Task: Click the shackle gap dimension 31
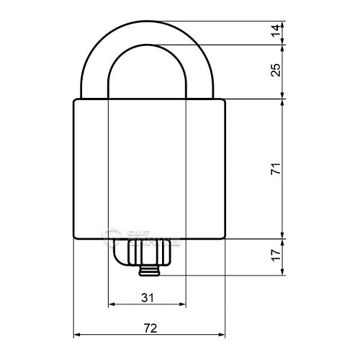coord(146,296)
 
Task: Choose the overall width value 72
coord(150,327)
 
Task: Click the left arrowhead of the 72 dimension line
coord(77,335)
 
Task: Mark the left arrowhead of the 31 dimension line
coord(110,305)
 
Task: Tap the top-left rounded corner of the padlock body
coord(76,101)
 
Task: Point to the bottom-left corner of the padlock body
coord(76,239)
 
